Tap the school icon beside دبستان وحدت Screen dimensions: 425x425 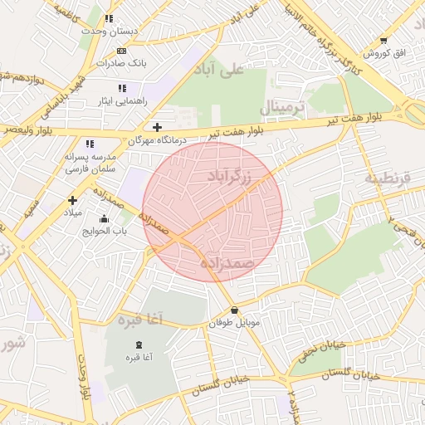110,18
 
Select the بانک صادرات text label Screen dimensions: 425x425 121,62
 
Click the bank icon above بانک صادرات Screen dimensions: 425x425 121,51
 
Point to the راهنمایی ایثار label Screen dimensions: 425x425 122,100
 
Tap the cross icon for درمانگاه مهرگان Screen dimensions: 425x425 157,127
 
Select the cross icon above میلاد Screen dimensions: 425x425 73,200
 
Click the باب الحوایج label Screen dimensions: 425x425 104,232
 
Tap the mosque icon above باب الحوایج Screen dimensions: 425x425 104,219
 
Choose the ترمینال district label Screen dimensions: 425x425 283,109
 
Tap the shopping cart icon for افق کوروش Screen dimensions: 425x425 383,41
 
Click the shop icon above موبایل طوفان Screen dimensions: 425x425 234,310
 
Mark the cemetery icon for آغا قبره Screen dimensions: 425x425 139,344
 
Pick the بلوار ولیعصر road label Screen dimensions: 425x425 28,130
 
